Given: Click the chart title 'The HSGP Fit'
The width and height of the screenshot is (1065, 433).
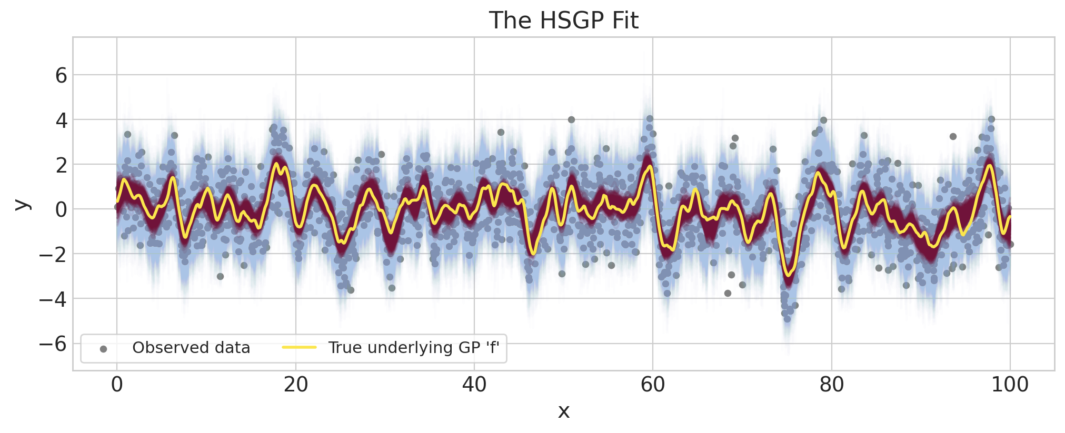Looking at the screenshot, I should pyautogui.click(x=563, y=21).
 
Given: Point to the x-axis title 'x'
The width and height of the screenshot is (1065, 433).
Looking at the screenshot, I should pyautogui.click(x=563, y=411).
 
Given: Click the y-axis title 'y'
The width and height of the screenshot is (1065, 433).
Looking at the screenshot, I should pyautogui.click(x=22, y=205).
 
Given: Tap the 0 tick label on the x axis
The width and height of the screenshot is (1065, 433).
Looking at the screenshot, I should pyautogui.click(x=117, y=385).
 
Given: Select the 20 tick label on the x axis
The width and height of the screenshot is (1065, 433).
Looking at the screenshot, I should pyautogui.click(x=295, y=385).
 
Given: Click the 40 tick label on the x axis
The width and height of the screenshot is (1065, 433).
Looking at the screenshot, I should pyautogui.click(x=474, y=385).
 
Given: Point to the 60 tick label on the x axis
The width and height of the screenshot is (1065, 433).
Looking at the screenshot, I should pyautogui.click(x=653, y=385).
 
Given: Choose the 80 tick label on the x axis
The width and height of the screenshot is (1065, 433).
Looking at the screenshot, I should pyautogui.click(x=831, y=385).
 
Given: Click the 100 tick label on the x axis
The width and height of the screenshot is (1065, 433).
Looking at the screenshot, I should pyautogui.click(x=1010, y=385).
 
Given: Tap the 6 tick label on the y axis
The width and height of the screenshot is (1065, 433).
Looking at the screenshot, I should pyautogui.click(x=61, y=76).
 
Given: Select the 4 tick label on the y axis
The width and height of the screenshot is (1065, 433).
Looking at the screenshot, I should pyautogui.click(x=61, y=120).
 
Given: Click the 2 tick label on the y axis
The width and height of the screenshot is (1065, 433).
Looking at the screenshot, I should pyautogui.click(x=61, y=165).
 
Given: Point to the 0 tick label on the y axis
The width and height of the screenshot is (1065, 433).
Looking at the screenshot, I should pyautogui.click(x=61, y=210).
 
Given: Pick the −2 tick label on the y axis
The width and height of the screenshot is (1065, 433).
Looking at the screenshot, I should pyautogui.click(x=53, y=255).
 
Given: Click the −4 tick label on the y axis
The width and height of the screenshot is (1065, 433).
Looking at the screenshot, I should pyautogui.click(x=53, y=299).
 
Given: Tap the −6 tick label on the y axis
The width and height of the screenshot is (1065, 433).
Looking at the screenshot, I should pyautogui.click(x=53, y=344).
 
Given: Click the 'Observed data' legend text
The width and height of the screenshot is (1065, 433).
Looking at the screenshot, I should pyautogui.click(x=191, y=348).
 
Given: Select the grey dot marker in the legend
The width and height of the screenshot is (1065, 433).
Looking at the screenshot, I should pyautogui.click(x=103, y=349).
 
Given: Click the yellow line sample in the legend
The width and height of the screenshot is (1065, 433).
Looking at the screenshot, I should pyautogui.click(x=299, y=348).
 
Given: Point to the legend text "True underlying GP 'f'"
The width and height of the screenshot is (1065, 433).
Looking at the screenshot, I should pyautogui.click(x=414, y=348).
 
